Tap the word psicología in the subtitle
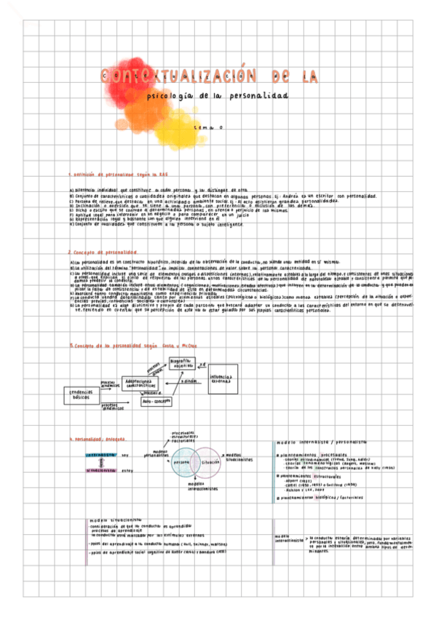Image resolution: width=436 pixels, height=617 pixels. click(x=171, y=96)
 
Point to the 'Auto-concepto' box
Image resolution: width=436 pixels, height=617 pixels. click(x=156, y=401)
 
